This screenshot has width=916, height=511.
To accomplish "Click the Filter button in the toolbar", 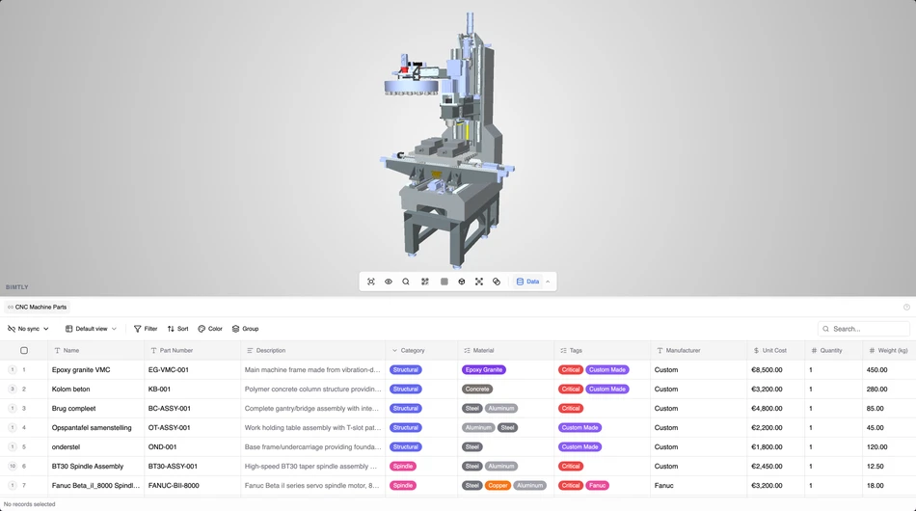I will click(146, 329).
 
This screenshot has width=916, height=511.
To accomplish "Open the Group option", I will click(245, 329).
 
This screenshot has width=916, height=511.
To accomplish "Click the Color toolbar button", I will click(210, 329).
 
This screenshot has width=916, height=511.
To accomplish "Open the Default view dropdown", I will click(91, 329).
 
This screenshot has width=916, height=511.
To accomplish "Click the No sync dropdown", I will click(28, 329).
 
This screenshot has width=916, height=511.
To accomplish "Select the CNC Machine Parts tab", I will click(38, 307).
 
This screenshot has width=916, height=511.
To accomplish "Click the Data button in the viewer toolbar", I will click(527, 282).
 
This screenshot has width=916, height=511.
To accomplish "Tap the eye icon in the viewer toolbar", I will click(389, 282).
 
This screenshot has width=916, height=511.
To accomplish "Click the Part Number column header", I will click(176, 351).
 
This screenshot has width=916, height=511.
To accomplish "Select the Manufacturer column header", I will click(684, 351).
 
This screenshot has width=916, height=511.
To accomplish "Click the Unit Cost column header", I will click(774, 351).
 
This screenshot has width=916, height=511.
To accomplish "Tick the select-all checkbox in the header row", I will click(24, 351).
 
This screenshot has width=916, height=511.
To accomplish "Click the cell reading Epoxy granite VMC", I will click(81, 370).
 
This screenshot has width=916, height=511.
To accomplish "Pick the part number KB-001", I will click(159, 390).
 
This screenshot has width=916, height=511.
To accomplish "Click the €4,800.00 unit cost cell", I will click(767, 409).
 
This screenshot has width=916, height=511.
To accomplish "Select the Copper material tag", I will click(498, 486).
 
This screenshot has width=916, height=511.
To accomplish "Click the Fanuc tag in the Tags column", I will click(598, 486).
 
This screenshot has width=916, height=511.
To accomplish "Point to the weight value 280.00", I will click(876, 390).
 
